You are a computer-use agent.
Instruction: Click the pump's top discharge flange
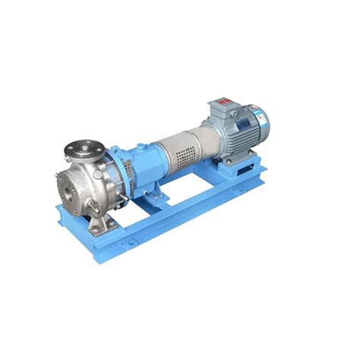point(78,146)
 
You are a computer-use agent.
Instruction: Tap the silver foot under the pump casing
point(99,223)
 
